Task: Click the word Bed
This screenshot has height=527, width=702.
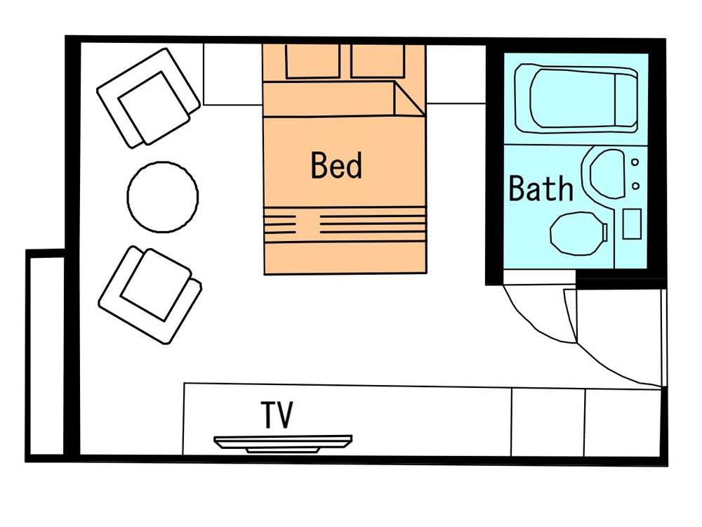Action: pos(336,165)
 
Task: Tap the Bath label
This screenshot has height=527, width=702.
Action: pos(541,188)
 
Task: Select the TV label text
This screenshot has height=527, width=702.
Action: pos(277,415)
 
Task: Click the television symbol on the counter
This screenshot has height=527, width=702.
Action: pos(283,443)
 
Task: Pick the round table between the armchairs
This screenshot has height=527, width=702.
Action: pos(163,197)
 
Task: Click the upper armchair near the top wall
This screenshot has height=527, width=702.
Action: pos(148,98)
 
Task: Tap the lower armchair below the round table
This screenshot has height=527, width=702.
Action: pos(150,295)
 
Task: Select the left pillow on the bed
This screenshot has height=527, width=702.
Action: pos(312,61)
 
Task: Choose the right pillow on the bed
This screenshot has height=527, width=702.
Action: pos(378,61)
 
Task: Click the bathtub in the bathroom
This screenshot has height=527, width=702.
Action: pos(576,98)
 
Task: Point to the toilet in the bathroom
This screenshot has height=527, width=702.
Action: pos(578,233)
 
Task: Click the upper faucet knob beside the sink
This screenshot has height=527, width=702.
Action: pos(635,162)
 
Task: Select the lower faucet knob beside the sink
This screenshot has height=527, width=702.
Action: pos(635,186)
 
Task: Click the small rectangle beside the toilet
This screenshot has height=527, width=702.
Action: pos(632,223)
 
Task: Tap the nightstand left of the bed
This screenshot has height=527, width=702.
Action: pos(233,74)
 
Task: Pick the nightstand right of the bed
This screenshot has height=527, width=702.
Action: pos(456,74)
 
